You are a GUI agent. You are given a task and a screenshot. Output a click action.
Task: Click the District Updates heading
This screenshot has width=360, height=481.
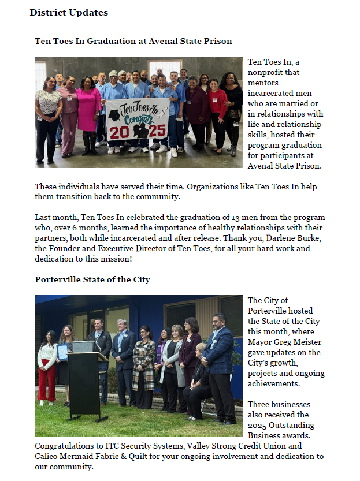(x=69, y=12)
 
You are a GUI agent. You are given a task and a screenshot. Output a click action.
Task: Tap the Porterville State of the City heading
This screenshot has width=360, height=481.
(x=92, y=279)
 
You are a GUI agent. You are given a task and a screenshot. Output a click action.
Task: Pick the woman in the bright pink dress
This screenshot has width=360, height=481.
(x=88, y=113)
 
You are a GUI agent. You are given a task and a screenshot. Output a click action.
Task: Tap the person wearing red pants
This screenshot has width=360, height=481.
(x=47, y=370)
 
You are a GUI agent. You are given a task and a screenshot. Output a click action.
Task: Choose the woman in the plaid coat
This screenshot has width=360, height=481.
(x=143, y=364)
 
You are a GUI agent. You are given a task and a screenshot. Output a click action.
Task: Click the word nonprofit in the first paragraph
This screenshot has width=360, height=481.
(x=267, y=72)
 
